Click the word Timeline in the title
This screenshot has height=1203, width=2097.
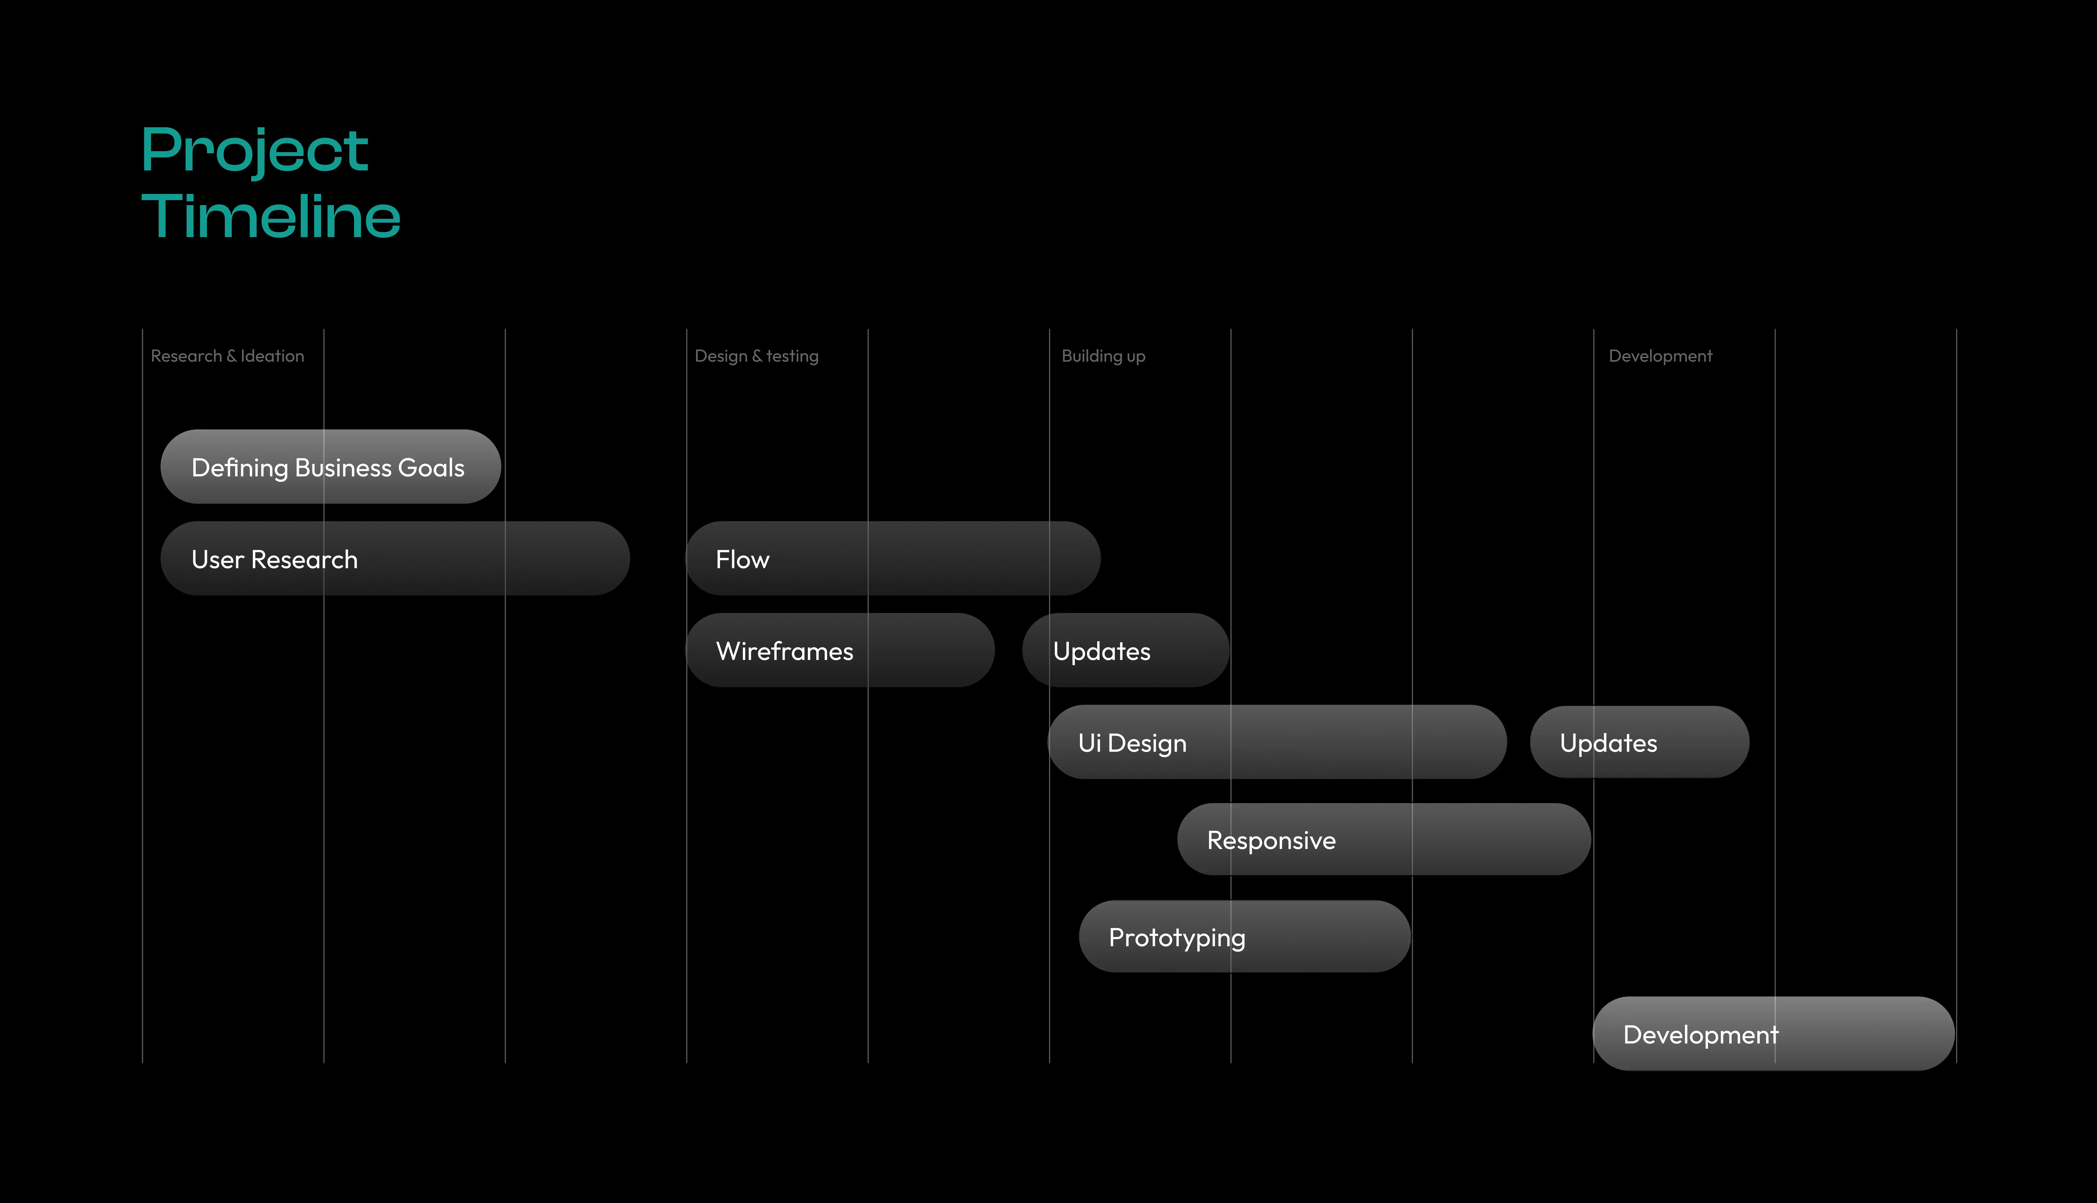coord(271,216)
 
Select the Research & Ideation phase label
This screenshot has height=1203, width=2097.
coord(227,356)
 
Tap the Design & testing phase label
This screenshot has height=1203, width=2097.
coord(757,356)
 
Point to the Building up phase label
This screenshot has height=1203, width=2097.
coord(1103,356)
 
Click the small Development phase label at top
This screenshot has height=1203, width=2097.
coord(1660,356)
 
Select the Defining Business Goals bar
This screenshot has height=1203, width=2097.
coord(330,467)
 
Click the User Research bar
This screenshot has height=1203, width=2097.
coord(395,559)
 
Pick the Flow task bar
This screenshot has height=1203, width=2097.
coord(893,559)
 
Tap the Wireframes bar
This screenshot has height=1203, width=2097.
coord(840,650)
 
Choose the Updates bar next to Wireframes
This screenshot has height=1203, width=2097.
coord(1126,650)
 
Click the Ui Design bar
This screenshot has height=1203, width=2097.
coord(1277,742)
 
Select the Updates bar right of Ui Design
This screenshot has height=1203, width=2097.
coord(1639,742)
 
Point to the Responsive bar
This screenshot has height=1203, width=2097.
coord(1384,839)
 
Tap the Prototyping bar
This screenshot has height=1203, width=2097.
coord(1245,936)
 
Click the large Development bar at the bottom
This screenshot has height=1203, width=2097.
coord(1773,1034)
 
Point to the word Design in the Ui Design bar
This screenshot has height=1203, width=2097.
coord(1147,744)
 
